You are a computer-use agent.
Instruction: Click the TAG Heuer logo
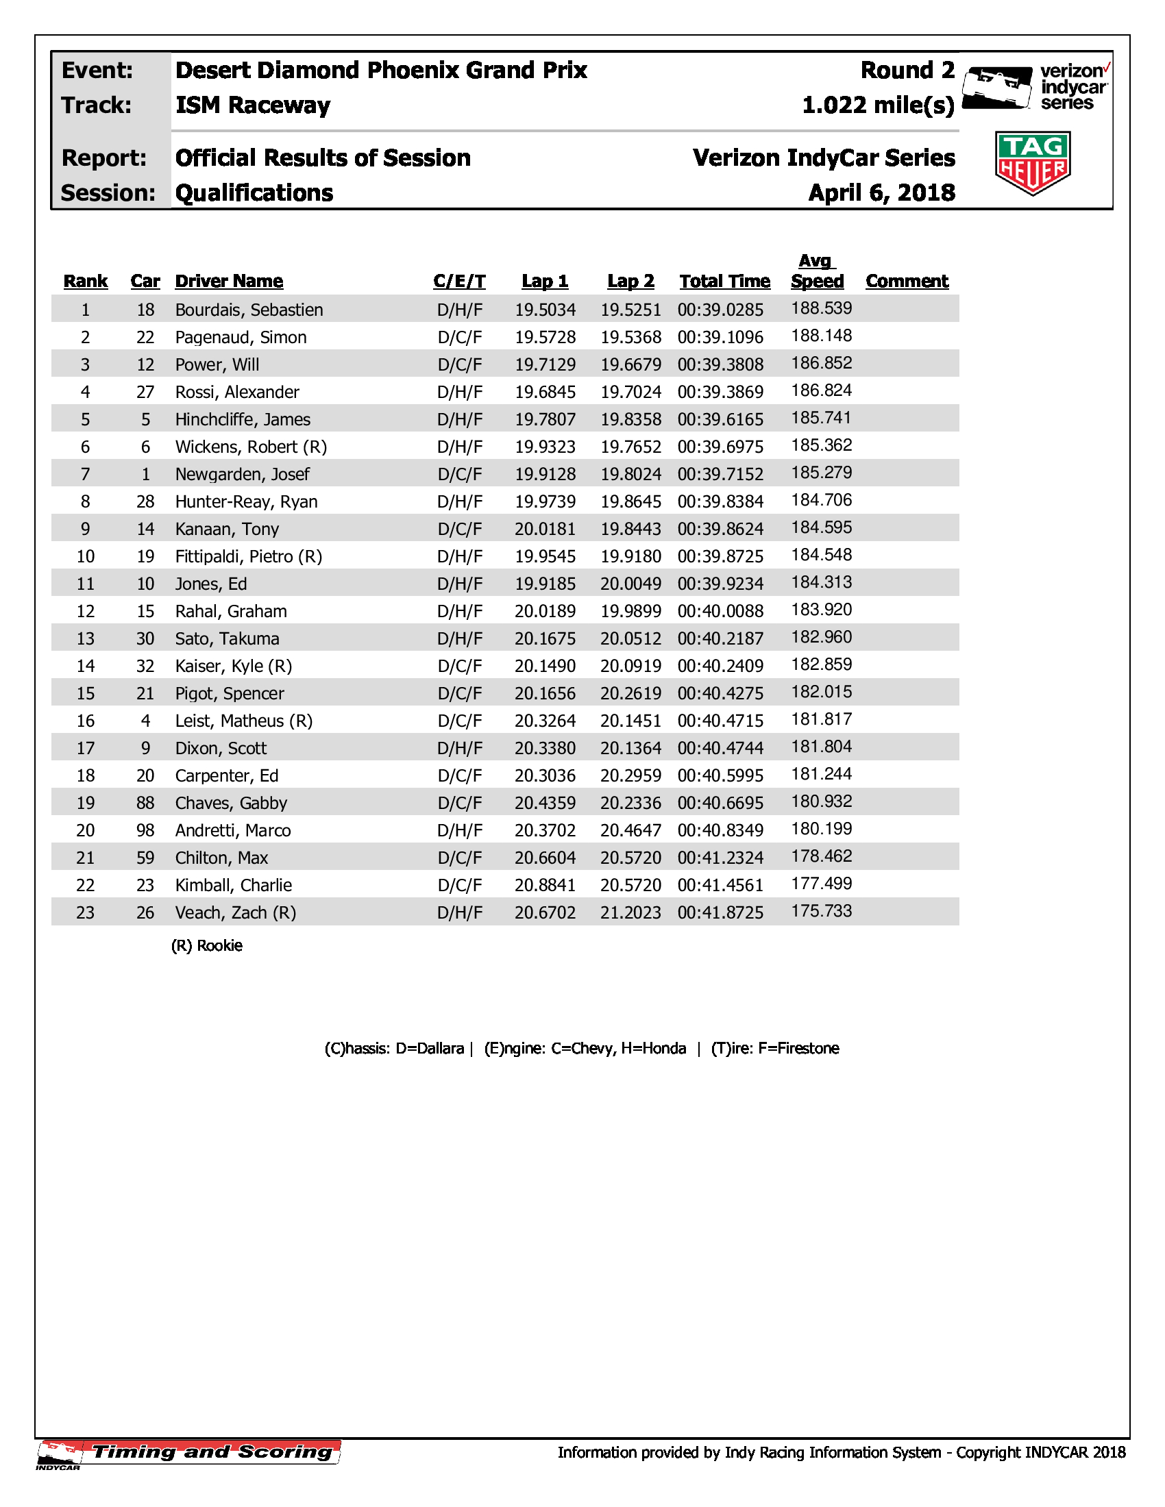pos(1033,163)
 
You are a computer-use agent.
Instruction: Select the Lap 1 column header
pos(545,282)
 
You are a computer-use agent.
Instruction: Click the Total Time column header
pos(724,282)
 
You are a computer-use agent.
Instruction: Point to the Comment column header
pos(906,282)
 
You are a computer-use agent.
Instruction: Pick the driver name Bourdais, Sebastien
pos(249,310)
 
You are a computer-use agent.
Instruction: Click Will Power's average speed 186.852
pos(821,364)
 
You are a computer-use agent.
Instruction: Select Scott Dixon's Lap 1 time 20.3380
pos(545,749)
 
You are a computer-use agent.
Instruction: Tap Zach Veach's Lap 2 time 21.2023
pos(630,913)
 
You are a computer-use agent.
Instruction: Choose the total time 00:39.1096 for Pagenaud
pos(720,338)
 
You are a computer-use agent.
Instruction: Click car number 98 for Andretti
pos(145,831)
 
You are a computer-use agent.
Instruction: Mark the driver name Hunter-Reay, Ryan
pos(247,501)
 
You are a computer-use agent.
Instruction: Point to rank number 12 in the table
pos(85,611)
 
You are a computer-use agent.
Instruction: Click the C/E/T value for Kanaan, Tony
pos(460,530)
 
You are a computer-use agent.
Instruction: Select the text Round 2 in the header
pos(907,71)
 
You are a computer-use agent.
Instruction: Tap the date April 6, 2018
pos(881,192)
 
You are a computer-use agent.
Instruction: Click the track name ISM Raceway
pos(253,105)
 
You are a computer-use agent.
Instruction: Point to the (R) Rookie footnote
pos(206,946)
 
